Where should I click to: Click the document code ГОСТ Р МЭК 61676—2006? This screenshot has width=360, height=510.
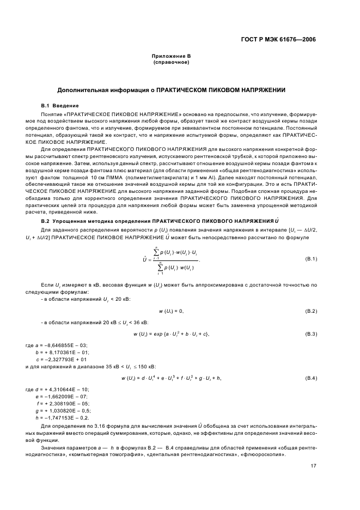[x=279, y=39]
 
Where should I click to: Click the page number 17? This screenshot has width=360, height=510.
[x=313, y=466]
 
